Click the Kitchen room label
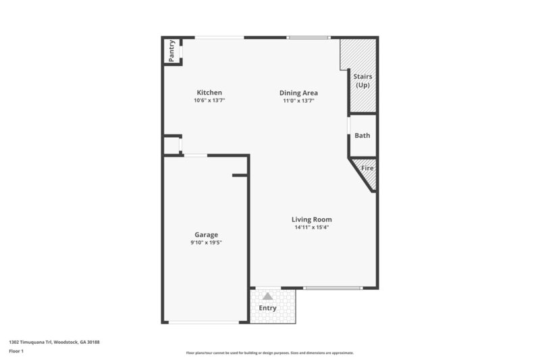[209, 93]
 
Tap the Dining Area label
[299, 93]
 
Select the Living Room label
[311, 219]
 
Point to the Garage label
[206, 234]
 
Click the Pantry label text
[171, 52]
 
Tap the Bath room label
[362, 135]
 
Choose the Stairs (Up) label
[362, 80]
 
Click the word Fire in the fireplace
[367, 168]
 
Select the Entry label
[268, 308]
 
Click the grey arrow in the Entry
[268, 296]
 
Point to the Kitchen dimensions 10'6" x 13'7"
[209, 101]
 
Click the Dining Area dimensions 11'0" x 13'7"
[299, 101]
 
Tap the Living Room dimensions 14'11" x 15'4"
[311, 227]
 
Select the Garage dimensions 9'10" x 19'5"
[206, 242]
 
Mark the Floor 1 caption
[16, 351]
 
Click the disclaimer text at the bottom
[269, 353]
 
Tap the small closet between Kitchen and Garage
[171, 145]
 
